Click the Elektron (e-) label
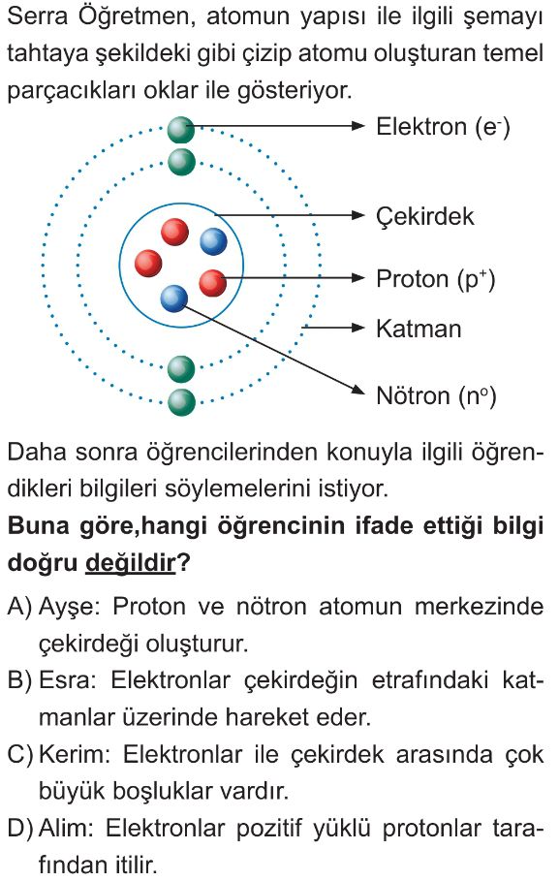(x=443, y=126)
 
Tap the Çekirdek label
(x=424, y=216)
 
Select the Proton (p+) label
(x=435, y=279)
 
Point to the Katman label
(x=419, y=329)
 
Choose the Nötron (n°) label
(x=436, y=395)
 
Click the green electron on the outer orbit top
(x=181, y=130)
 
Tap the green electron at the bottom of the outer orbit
(x=181, y=401)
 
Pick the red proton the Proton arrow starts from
(x=212, y=283)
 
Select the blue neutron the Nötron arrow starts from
(x=173, y=299)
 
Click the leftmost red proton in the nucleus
(x=148, y=263)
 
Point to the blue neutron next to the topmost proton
(x=213, y=241)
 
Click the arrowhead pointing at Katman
(x=357, y=328)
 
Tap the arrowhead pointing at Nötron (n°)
(x=357, y=389)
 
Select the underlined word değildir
(x=131, y=562)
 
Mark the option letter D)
(x=20, y=829)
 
